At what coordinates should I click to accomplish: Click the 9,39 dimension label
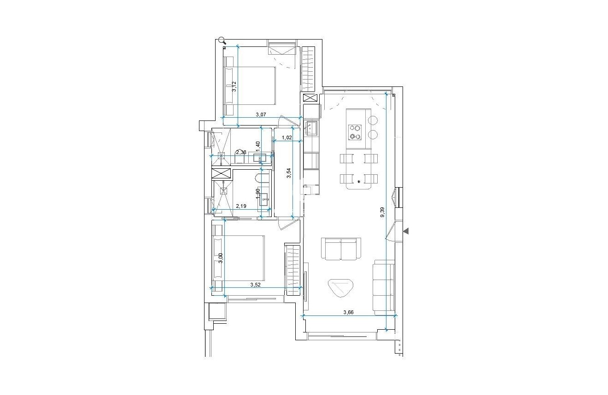click(382, 212)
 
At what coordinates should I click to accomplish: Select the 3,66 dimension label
click(349, 312)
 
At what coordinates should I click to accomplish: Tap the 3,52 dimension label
click(255, 285)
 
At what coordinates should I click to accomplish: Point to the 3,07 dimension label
click(261, 114)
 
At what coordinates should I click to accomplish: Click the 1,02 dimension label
click(286, 137)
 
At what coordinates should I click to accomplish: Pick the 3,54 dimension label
click(289, 173)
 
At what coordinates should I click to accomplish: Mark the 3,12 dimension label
click(234, 87)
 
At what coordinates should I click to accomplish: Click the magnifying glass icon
click(222, 40)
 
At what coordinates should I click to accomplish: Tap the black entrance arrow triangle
click(406, 231)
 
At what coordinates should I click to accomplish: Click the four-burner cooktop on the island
click(355, 132)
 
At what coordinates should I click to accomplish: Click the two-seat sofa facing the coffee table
click(340, 249)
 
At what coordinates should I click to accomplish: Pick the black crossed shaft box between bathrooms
click(221, 175)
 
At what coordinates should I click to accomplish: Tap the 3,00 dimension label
click(221, 258)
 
